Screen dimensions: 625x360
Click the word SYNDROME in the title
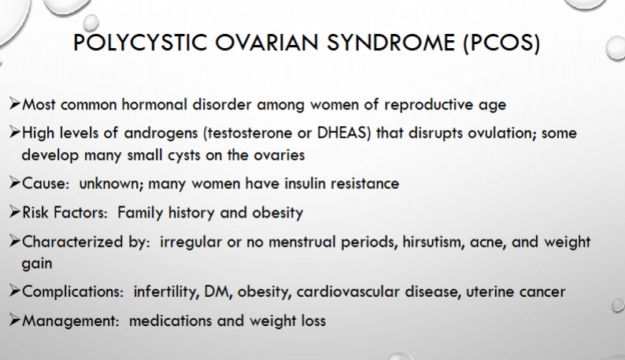click(391, 43)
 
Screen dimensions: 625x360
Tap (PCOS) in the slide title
click(501, 43)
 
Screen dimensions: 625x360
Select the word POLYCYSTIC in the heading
click(140, 43)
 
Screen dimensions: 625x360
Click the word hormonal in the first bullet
click(154, 105)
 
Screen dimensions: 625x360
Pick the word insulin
click(305, 184)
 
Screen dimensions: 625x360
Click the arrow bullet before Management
click(14, 320)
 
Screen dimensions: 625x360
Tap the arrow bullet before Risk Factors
click(14, 212)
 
